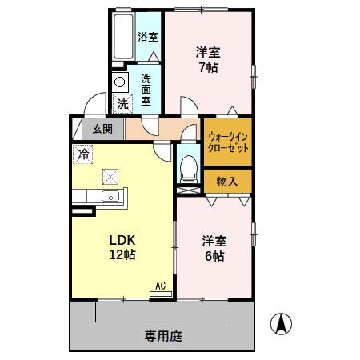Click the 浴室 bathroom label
pos(147,37)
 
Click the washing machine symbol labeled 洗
pos(122,103)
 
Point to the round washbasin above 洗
pos(119,82)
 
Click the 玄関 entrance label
pos(102,129)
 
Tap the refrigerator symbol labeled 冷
pos(82,152)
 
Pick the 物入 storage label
pos(227,181)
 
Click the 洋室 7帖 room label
pos(208,60)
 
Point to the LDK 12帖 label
pos(121,247)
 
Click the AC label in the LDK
pos(160,286)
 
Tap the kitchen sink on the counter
pos(110,198)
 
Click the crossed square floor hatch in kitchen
pos(110,178)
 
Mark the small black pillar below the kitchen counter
pos(82,211)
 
